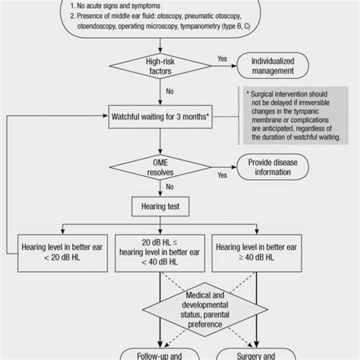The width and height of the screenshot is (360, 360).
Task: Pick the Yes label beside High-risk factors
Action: (x=223, y=57)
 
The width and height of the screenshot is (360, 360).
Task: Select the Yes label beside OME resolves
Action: (x=223, y=175)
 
